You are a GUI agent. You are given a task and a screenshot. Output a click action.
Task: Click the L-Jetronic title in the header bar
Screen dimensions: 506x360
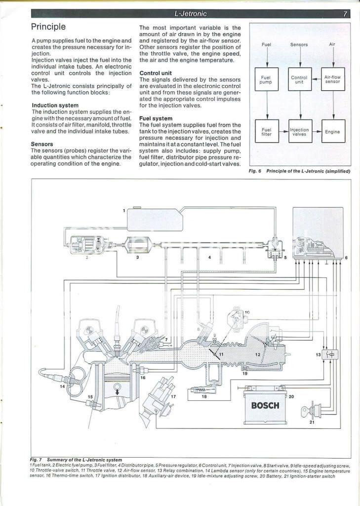pos(191,14)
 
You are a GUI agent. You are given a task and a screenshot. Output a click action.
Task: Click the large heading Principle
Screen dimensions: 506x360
pos(48,27)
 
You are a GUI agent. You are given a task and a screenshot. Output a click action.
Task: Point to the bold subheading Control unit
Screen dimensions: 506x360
pos(156,73)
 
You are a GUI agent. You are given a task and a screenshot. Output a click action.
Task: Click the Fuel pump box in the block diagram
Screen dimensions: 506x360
pos(267,80)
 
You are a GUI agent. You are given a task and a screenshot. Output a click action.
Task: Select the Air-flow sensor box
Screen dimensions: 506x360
pos(332,80)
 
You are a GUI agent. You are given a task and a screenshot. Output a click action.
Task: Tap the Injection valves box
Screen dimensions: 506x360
pos(299,132)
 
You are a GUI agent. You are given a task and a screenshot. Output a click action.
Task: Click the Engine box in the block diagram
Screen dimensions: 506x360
pos(332,132)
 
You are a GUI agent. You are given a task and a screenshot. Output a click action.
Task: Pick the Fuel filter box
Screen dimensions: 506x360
pos(267,132)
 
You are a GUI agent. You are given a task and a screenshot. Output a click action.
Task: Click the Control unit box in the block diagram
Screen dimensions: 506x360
pos(299,80)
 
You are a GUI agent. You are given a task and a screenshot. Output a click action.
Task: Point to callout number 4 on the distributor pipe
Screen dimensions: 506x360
pos(209,257)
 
